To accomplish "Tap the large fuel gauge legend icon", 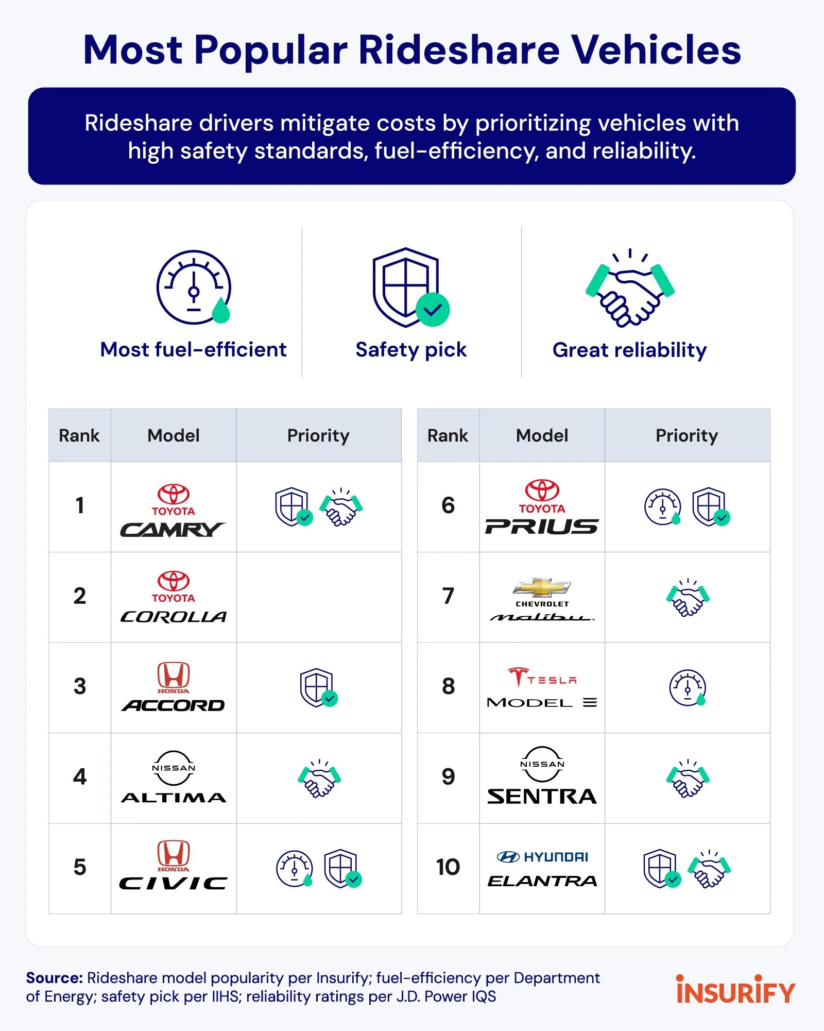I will (x=194, y=288).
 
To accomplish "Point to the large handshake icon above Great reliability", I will (x=630, y=289).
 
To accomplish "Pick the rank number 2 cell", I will (x=80, y=597).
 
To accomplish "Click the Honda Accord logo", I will (x=173, y=687).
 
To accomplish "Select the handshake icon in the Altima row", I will (x=319, y=778).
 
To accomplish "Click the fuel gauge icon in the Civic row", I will (x=295, y=869).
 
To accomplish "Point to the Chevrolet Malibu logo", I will (x=542, y=599).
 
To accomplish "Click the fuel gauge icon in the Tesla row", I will (x=688, y=687).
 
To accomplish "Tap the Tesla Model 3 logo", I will (x=542, y=688).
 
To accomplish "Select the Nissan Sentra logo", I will (x=542, y=776).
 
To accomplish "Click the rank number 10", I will (x=448, y=868).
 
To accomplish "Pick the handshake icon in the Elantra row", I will (x=710, y=869).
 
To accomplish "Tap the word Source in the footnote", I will (x=54, y=978).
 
